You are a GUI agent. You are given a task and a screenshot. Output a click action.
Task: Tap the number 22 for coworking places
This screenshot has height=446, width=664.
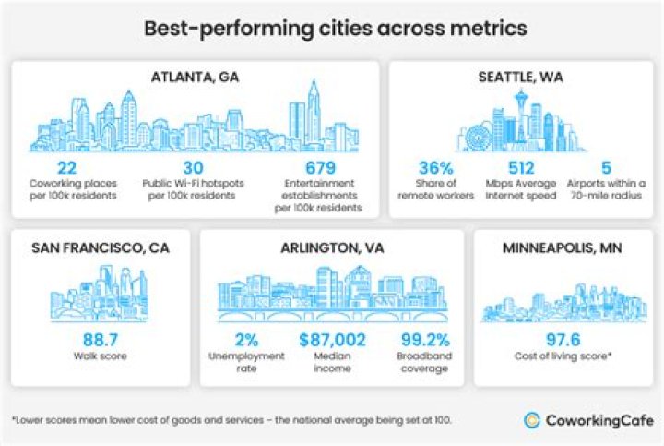click(x=66, y=167)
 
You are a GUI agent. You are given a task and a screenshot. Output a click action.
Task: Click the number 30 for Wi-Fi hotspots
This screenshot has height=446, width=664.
click(x=192, y=167)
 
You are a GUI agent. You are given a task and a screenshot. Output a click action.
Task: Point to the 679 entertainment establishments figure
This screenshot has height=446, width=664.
click(x=317, y=167)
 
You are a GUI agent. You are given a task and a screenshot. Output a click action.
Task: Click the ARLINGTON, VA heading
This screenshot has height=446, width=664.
click(x=332, y=247)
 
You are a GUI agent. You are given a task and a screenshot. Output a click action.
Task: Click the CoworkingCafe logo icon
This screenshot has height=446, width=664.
click(x=532, y=420)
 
